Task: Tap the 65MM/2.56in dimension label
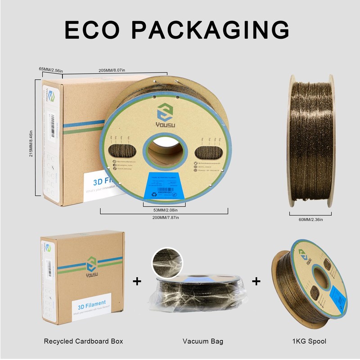(x=51, y=70)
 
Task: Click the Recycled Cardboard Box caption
(x=83, y=341)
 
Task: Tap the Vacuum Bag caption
(x=203, y=341)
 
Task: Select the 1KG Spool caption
(x=309, y=341)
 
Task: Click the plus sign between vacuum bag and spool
(x=256, y=282)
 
